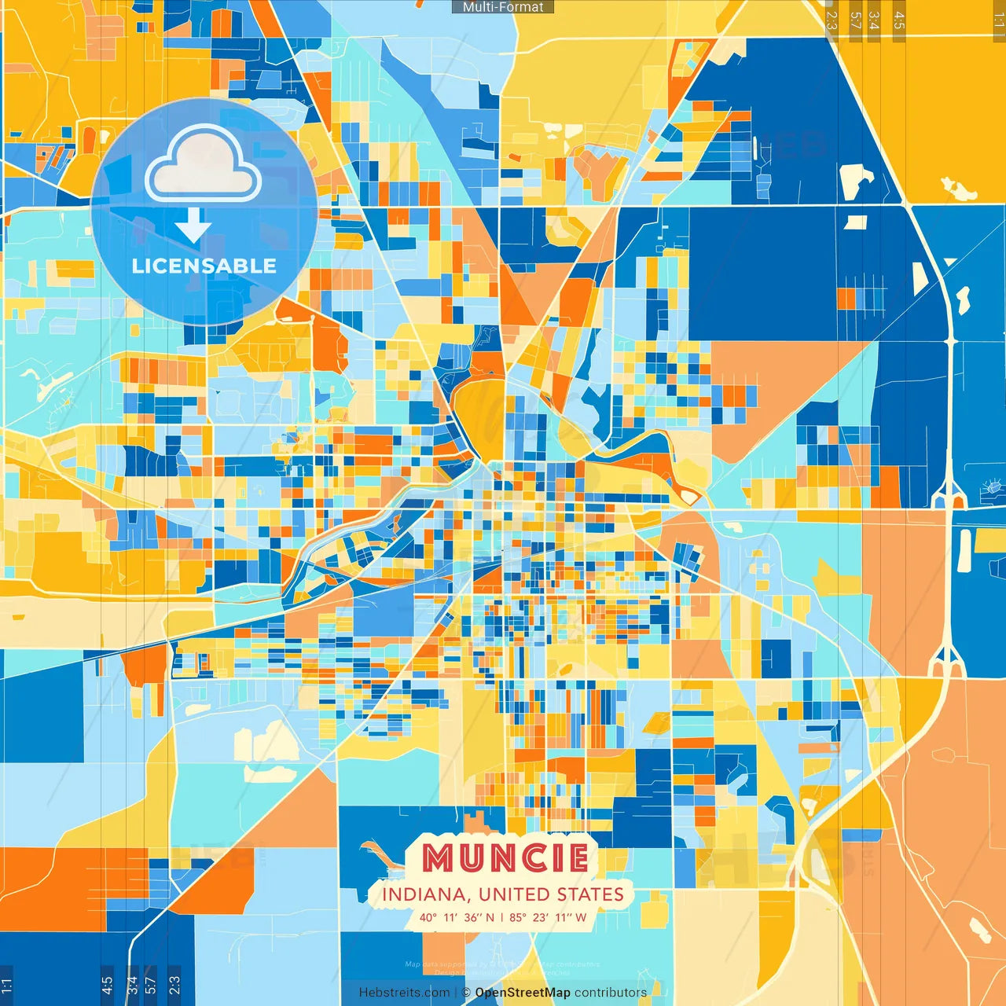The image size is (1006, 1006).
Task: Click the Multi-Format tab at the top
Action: point(503,7)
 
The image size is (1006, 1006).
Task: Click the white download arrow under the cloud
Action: point(193,226)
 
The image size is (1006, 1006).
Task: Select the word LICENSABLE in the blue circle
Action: point(204,266)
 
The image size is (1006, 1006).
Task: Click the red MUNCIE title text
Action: point(505,858)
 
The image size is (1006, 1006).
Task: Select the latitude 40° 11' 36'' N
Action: point(457,917)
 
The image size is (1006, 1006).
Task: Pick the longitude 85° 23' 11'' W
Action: point(548,917)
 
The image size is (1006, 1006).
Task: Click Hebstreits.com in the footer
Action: point(404,993)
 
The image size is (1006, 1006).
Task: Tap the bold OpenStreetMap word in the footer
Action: point(523,993)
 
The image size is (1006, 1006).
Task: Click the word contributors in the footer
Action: point(611,993)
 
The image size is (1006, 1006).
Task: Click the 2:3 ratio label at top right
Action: point(832,20)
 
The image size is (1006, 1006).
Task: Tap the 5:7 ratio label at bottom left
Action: point(151,984)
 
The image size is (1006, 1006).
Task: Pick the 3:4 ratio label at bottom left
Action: point(132,984)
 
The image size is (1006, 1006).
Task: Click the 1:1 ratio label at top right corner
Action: point(999,20)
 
